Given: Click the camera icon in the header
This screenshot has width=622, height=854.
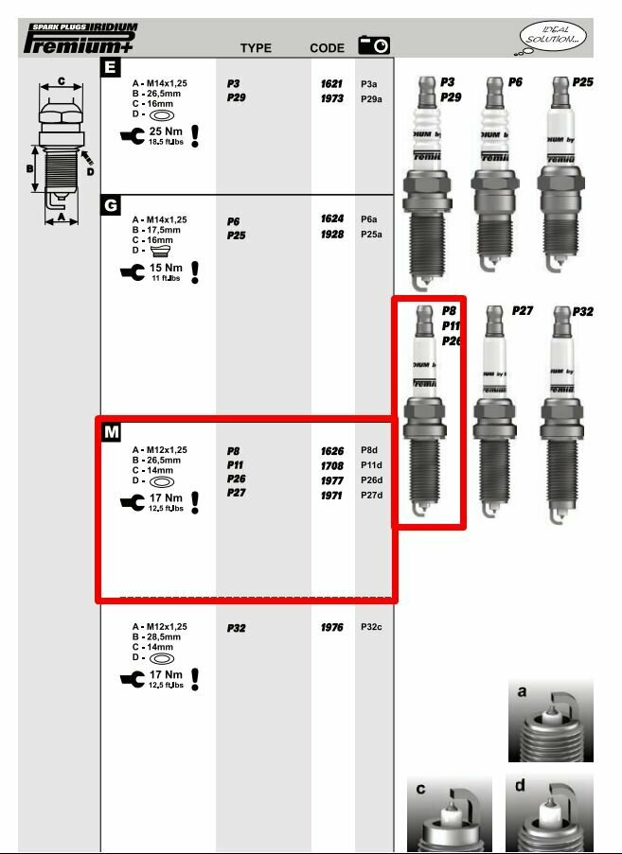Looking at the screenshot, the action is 374,45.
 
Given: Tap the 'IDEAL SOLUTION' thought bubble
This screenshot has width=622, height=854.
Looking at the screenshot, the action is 554,38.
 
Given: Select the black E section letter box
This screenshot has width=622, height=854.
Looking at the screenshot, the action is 111,67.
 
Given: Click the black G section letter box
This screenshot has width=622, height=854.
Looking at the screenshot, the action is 111,204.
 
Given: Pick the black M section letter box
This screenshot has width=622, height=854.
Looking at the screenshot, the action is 112,432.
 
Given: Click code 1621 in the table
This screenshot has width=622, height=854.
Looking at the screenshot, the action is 331,84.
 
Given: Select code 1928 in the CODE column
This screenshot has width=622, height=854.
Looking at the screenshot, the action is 331,235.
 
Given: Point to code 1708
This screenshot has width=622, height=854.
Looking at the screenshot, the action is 331,465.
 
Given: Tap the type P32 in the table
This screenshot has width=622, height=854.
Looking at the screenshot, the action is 237,628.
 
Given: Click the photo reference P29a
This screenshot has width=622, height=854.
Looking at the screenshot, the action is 371,98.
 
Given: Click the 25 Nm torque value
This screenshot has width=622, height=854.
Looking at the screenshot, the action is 166,131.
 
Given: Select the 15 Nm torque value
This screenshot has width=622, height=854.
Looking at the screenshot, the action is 166,268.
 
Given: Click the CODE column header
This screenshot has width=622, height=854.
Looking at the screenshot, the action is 327,48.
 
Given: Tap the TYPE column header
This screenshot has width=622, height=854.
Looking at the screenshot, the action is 256,48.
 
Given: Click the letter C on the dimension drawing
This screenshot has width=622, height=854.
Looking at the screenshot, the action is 62,82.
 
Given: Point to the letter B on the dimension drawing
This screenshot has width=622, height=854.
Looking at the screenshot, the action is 29,169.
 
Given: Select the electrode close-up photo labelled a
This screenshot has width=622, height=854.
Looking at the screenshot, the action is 551,721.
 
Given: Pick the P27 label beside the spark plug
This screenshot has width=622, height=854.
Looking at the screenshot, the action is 523,310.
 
